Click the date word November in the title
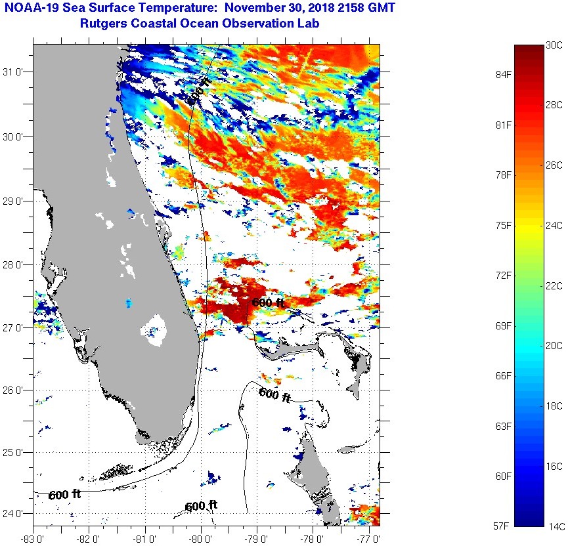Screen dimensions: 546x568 click(x=268, y=8)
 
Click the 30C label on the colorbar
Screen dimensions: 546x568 click(x=554, y=45)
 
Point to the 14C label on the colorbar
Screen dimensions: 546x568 click(x=554, y=526)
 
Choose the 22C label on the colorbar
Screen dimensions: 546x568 click(x=554, y=285)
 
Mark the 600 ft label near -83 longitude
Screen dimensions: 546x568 click(x=64, y=494)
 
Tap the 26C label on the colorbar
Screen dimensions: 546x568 click(x=554, y=165)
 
